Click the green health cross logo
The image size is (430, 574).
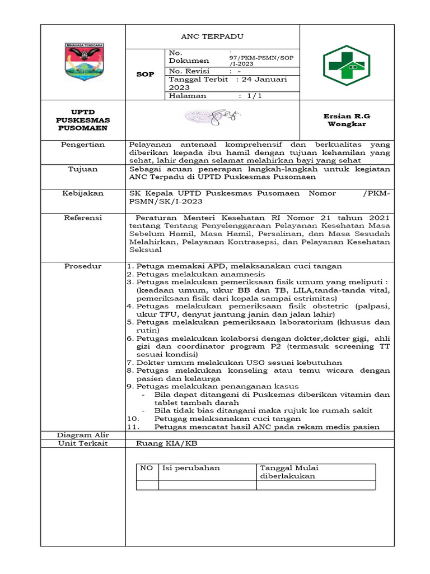click(346, 65)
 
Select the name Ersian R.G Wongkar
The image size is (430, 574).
click(347, 120)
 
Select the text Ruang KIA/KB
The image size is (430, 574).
click(167, 443)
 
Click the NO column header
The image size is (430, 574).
click(147, 467)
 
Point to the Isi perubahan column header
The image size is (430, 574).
click(190, 467)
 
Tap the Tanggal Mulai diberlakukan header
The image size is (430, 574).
click(288, 471)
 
